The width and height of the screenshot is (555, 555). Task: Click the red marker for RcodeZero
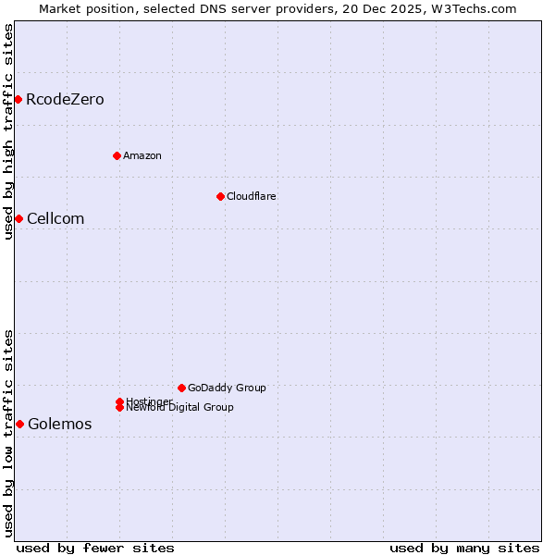click(18, 99)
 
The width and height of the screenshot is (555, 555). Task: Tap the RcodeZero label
click(65, 100)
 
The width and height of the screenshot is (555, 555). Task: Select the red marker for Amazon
click(117, 155)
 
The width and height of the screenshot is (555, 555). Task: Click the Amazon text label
click(142, 156)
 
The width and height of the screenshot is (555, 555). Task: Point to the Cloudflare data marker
click(220, 196)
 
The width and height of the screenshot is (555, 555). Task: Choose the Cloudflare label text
click(251, 197)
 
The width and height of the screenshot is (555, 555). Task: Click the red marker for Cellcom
click(18, 218)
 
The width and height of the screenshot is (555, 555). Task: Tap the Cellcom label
click(55, 219)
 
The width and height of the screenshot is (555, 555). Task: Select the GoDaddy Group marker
click(181, 388)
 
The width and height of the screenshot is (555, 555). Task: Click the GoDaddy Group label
click(226, 388)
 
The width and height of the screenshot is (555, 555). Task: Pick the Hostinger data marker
click(119, 401)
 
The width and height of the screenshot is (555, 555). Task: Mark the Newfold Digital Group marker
click(119, 407)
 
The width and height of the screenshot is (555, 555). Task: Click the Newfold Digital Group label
click(179, 408)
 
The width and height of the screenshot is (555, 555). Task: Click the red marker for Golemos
click(19, 424)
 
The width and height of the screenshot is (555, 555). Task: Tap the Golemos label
click(60, 425)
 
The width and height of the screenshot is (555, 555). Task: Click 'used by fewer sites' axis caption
click(95, 548)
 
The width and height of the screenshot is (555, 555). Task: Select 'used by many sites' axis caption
click(464, 548)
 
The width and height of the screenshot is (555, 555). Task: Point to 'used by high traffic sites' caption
click(8, 131)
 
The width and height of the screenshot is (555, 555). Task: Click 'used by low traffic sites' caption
click(8, 433)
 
